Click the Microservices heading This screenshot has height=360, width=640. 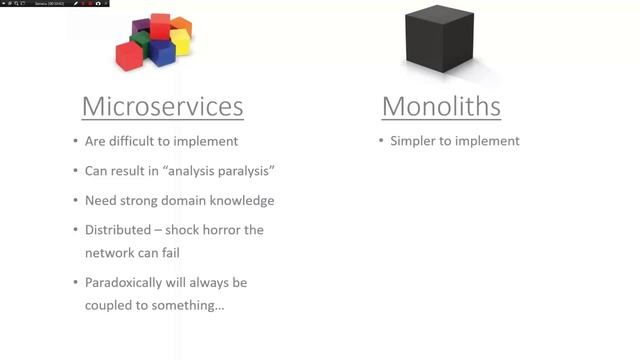pyautogui.click(x=162, y=106)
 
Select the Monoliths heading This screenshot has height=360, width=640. pyautogui.click(x=441, y=106)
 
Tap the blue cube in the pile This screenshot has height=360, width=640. pyautogui.click(x=161, y=53)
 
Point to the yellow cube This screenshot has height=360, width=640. pyautogui.click(x=180, y=41)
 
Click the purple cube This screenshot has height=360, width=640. pyautogui.click(x=141, y=26)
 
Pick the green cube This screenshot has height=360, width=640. pyautogui.click(x=141, y=43)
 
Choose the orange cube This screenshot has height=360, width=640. pyautogui.click(x=181, y=24)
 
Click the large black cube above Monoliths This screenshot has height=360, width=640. pyautogui.click(x=439, y=40)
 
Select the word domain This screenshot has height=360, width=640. pyautogui.click(x=193, y=200)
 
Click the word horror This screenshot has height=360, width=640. pyautogui.click(x=221, y=229)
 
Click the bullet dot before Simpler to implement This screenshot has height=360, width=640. pyautogui.click(x=381, y=141)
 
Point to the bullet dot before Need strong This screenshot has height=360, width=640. pyautogui.click(x=76, y=200)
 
